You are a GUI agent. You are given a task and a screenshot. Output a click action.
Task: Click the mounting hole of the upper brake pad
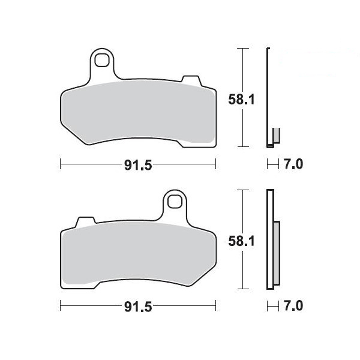click(102, 60)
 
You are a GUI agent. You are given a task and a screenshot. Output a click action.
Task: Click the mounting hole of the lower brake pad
click(175, 202)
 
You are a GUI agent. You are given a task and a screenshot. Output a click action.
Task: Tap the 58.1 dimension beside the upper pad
click(241, 100)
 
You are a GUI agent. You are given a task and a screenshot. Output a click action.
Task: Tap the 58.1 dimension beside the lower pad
click(241, 241)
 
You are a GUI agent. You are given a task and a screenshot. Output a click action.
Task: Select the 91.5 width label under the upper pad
click(138, 165)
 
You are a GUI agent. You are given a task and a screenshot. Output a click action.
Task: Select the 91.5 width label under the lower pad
click(138, 307)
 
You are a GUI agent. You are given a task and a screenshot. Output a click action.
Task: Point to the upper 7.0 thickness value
click(293, 164)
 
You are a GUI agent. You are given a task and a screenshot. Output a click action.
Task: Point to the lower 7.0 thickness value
click(293, 306)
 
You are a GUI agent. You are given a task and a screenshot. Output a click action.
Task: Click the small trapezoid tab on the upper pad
click(191, 80)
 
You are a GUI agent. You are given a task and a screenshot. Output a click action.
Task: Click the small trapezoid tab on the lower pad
click(86, 221)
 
